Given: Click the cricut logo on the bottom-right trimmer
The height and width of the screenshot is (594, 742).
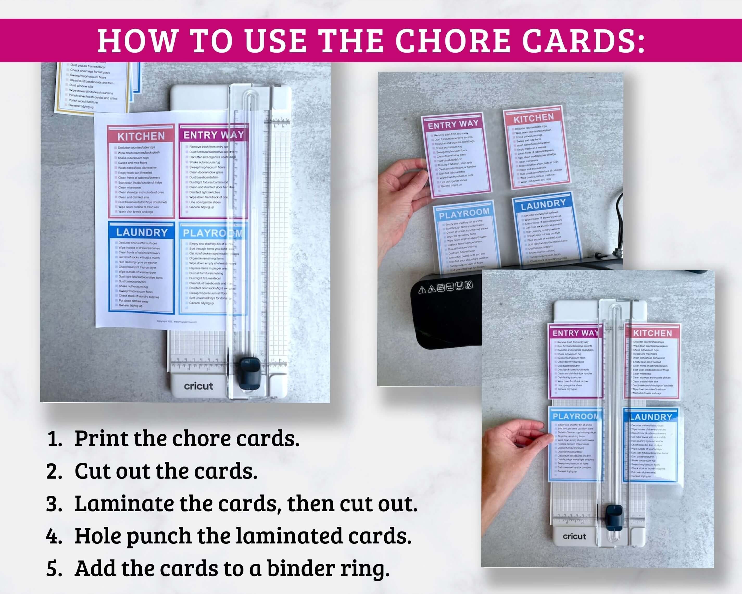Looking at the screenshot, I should coord(574,536).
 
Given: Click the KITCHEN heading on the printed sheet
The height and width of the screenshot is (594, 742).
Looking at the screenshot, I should coord(141,136).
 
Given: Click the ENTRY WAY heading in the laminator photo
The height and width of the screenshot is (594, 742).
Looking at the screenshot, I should coord(453,124).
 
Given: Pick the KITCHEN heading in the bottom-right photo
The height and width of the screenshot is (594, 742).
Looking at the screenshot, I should coord(652,333).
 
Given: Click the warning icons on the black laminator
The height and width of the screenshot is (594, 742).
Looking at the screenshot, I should coord(445,287).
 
